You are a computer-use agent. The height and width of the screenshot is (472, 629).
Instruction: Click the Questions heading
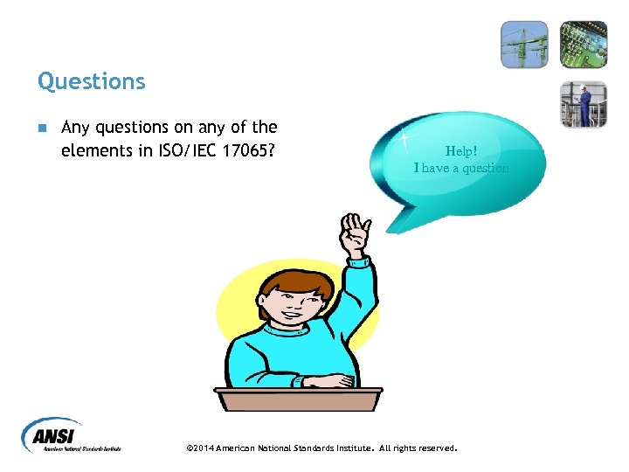(x=91, y=81)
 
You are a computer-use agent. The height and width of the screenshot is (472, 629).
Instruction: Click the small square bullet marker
(x=42, y=128)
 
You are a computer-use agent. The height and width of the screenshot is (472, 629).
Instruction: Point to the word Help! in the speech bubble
(x=461, y=150)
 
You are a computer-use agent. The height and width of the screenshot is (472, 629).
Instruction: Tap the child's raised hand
(x=355, y=233)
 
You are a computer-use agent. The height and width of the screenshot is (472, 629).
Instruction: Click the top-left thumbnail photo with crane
(x=524, y=44)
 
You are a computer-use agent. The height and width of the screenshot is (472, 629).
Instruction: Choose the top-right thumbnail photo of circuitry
(x=583, y=44)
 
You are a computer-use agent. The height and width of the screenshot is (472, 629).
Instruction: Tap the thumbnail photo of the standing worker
(x=583, y=104)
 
